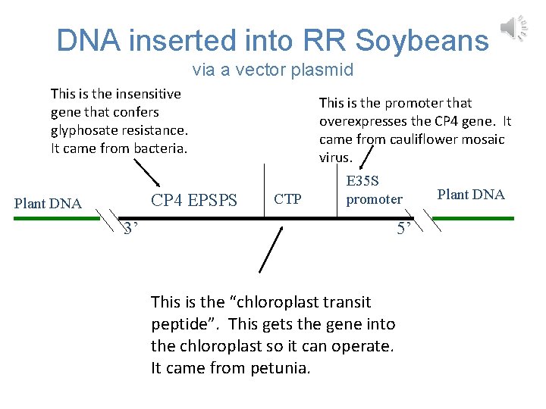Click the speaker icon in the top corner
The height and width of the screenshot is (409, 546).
(x=512, y=29)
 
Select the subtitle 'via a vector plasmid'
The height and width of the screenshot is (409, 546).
(x=273, y=70)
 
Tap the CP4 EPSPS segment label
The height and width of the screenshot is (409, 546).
(x=194, y=201)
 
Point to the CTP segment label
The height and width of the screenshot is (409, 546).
(x=287, y=200)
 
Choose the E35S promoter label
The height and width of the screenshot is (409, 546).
(x=374, y=190)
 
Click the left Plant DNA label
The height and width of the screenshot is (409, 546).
(x=49, y=203)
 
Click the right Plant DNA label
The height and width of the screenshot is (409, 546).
(x=471, y=195)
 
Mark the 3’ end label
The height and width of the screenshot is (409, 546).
(x=130, y=229)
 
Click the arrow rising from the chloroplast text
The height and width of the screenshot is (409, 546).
(x=271, y=248)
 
